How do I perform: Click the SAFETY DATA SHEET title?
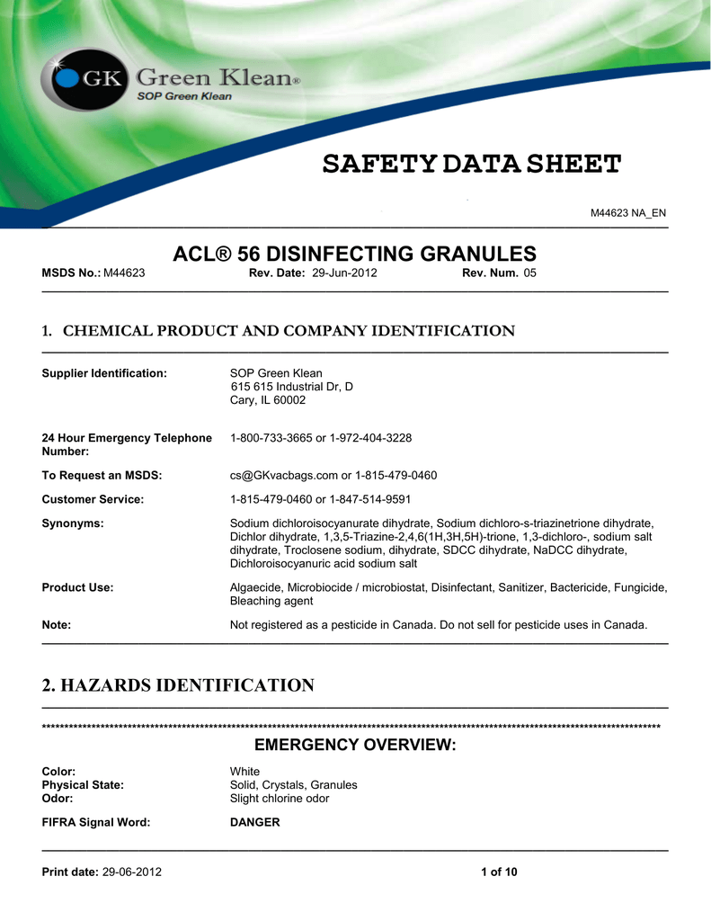[x=472, y=165]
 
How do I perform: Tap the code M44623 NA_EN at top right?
[x=627, y=212]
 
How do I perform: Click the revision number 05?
[x=529, y=273]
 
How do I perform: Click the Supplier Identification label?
[x=104, y=373]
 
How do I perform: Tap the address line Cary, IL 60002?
[x=268, y=400]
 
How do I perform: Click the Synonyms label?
[x=73, y=523]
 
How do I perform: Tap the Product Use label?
[x=77, y=587]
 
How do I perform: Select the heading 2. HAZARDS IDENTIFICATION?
[x=178, y=686]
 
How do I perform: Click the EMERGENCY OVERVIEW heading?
[x=355, y=746]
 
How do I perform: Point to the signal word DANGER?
[x=255, y=823]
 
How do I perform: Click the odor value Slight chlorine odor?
[x=280, y=799]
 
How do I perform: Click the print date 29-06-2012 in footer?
[x=133, y=872]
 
